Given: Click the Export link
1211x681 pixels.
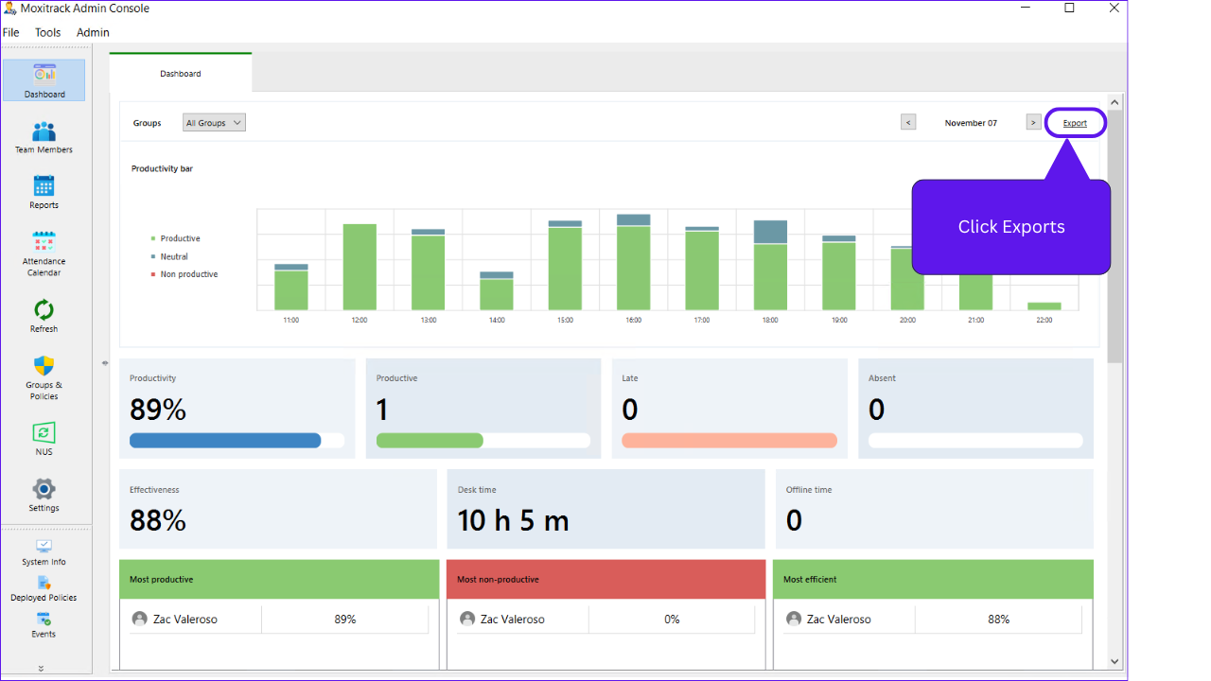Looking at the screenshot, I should (x=1075, y=123).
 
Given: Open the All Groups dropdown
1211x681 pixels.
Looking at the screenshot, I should (x=214, y=123).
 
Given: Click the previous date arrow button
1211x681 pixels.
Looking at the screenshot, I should (x=908, y=122).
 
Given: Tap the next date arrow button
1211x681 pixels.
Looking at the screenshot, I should (x=1033, y=122).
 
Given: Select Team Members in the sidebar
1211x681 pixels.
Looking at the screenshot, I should (x=44, y=136).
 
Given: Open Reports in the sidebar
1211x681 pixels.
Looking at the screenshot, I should (x=44, y=191).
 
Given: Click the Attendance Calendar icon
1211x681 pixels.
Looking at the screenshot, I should (x=44, y=242).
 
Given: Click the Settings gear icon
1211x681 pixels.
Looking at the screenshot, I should (x=44, y=489).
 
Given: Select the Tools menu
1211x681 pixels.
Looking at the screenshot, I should (x=47, y=32).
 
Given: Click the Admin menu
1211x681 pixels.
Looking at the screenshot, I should (x=93, y=32).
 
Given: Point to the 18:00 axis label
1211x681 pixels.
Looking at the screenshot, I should (x=770, y=321).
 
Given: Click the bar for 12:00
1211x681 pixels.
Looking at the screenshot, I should (x=360, y=267).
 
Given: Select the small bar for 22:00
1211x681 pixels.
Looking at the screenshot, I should (x=1044, y=306).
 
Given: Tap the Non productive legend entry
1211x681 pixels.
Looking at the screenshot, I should (x=188, y=274).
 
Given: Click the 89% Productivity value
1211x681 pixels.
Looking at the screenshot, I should (x=158, y=410).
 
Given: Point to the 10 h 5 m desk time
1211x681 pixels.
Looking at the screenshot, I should (x=514, y=520).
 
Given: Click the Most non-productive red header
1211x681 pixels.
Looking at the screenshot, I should (x=605, y=579).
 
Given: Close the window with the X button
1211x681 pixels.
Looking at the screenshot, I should (x=1114, y=9).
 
